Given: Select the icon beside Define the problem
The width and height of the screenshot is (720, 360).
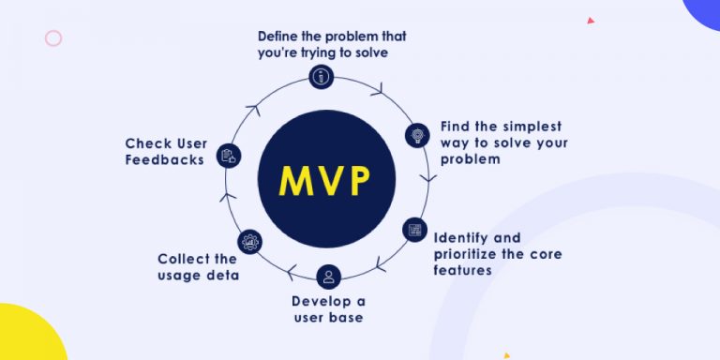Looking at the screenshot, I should pos(321,76).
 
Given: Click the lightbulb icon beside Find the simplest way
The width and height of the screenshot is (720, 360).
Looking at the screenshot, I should pos(417,134).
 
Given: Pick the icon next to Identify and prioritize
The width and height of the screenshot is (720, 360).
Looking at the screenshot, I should pos(413,229).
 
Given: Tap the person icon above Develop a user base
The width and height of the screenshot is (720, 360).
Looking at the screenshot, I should pos(327,276).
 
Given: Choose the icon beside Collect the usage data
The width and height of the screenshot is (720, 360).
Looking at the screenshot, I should pos(249,242).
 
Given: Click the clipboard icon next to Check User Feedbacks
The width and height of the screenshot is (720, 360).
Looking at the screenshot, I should pos(228,156).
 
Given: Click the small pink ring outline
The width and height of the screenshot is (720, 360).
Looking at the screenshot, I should pos(53,38).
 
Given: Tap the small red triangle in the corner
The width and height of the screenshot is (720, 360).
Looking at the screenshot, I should pos(591,20).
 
